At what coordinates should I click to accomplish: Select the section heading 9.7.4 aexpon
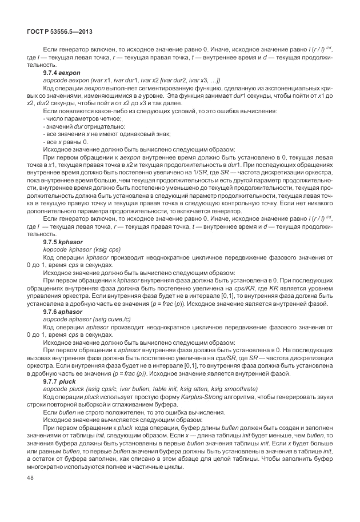click(63, 74)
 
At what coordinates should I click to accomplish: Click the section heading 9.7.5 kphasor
click(63, 242)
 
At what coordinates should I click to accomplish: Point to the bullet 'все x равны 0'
click(66, 141)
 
